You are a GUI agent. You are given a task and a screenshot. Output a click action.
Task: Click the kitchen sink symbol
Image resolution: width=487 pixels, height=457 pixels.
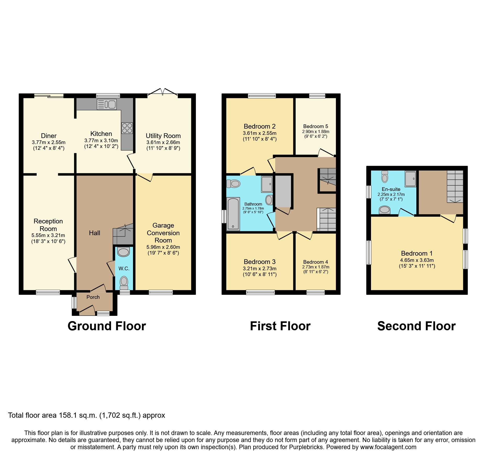107,104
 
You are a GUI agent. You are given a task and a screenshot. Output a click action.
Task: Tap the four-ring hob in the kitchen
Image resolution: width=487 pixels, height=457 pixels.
127,128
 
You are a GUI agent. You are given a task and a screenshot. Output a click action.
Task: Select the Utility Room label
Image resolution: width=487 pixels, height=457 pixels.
163,136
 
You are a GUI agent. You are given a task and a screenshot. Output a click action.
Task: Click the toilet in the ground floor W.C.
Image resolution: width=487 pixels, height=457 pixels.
124,282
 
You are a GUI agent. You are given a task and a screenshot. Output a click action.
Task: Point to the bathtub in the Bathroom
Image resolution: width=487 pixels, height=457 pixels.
233,214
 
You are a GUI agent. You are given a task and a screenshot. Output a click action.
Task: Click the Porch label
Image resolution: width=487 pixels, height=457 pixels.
93,297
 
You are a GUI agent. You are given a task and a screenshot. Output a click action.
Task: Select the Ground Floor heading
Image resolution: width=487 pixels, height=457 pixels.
107,326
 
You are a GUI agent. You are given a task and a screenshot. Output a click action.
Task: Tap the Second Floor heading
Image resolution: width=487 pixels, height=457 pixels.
416,326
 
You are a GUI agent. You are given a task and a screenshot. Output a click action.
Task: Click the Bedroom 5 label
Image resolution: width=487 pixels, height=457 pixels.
316,126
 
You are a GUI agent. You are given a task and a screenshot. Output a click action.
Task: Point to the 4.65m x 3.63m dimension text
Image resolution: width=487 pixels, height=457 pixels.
417,260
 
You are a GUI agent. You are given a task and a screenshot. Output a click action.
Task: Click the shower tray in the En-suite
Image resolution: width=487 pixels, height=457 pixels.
410,179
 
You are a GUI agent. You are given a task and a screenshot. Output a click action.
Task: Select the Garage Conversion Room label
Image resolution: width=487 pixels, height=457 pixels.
163,233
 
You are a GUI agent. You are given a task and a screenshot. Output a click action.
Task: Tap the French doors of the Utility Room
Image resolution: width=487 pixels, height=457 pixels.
163,93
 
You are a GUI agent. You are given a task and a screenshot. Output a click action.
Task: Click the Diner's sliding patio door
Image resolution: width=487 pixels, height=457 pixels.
49,96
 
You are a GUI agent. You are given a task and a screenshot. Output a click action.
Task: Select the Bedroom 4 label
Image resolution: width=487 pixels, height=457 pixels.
316,262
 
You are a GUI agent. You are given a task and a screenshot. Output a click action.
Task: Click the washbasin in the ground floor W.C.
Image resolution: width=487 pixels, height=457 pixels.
124,252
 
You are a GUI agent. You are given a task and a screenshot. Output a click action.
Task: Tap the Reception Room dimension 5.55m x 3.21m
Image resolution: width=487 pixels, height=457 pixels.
48,235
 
